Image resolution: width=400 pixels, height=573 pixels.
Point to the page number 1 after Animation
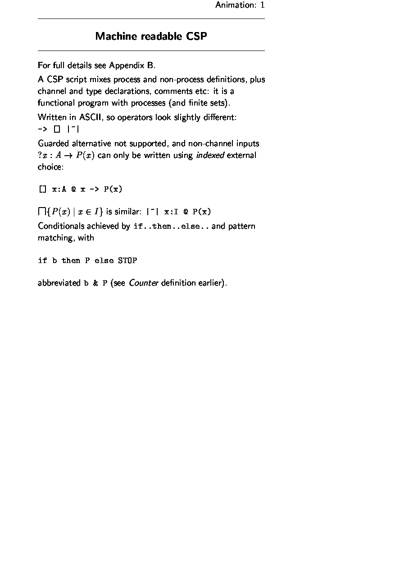[x=262, y=5]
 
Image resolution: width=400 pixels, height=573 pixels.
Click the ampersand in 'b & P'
[x=95, y=284]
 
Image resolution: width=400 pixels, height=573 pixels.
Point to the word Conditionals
[x=61, y=226]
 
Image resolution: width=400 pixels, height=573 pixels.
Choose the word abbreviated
[x=59, y=283]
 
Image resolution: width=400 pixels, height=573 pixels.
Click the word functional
[x=56, y=103]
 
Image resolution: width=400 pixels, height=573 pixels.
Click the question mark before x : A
[x=40, y=155]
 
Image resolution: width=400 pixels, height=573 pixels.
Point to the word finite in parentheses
[x=198, y=103]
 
